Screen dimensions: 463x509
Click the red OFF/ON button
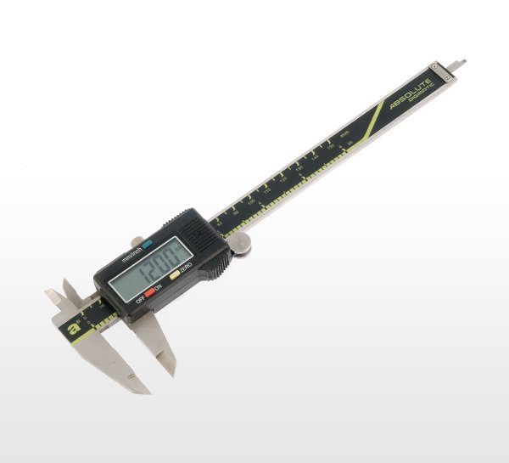pos(149,293)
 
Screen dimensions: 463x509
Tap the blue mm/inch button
pos(148,243)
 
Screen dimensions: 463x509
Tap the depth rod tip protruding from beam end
pos(461,63)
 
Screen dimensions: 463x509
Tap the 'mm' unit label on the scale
pos(344,134)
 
